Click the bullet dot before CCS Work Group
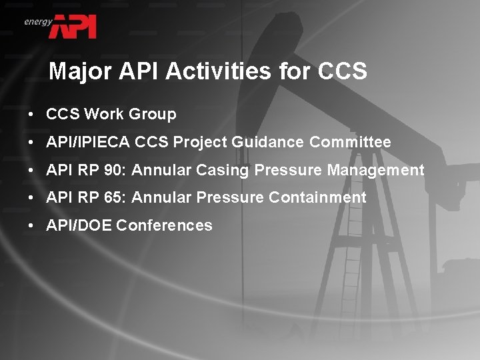(x=31, y=115)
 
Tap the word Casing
(x=219, y=171)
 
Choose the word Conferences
(x=164, y=226)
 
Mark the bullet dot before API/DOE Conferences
(x=31, y=226)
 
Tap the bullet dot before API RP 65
(x=31, y=198)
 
